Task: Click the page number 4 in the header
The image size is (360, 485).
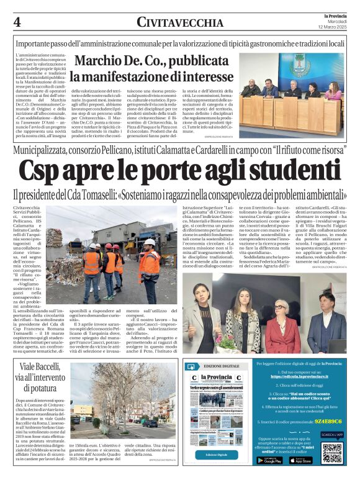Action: coord(17,22)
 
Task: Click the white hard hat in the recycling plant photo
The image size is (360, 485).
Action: coord(150,242)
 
